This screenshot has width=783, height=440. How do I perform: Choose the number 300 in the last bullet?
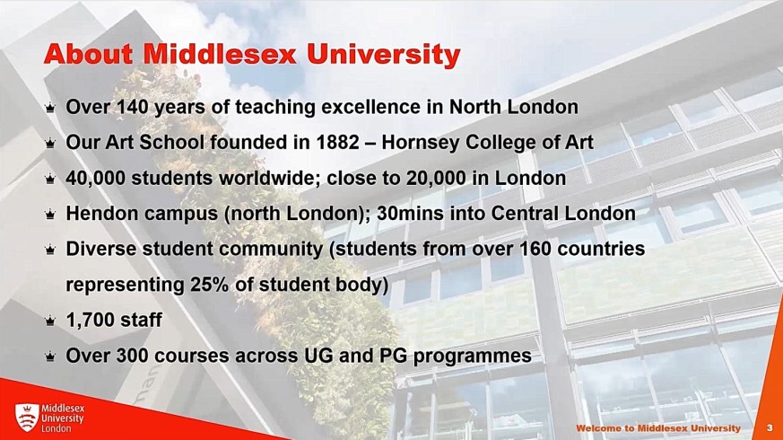click(x=133, y=356)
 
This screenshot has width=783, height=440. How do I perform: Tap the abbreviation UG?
click(x=318, y=356)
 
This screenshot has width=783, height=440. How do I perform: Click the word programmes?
click(x=473, y=356)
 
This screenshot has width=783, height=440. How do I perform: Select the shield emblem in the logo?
click(x=27, y=418)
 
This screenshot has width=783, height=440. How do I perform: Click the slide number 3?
click(x=770, y=428)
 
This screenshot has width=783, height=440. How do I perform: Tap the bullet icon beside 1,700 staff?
click(x=50, y=321)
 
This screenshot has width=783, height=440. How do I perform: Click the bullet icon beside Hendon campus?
click(x=50, y=215)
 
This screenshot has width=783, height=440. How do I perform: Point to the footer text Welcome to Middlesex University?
click(x=658, y=428)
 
